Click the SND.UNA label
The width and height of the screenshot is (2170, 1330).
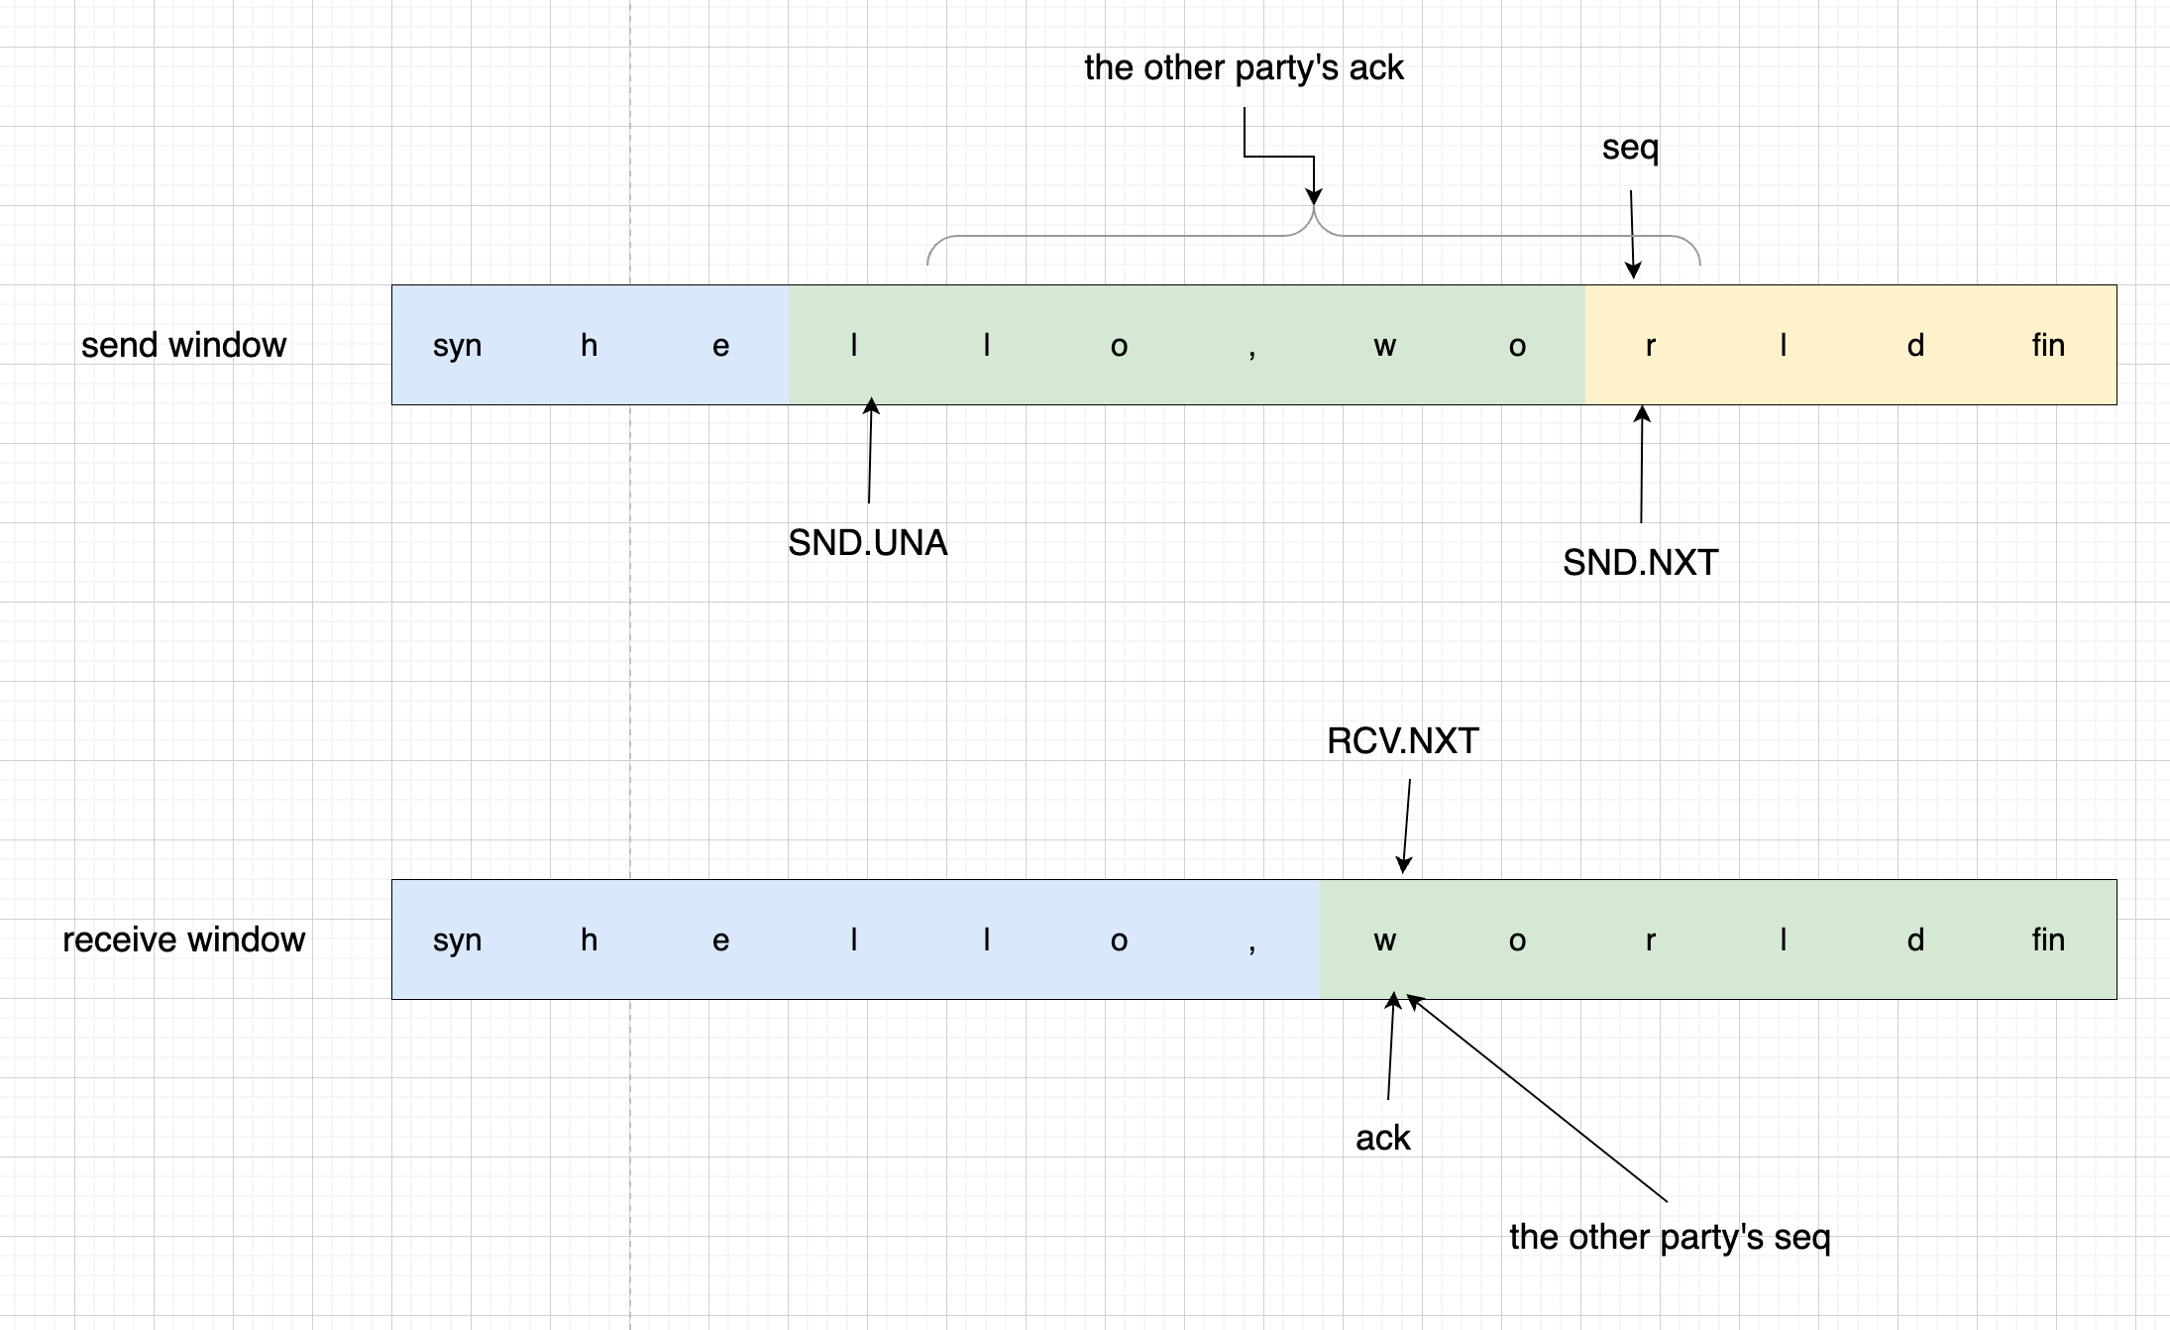pyautogui.click(x=867, y=543)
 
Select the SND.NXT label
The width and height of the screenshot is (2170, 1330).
pyautogui.click(x=1640, y=563)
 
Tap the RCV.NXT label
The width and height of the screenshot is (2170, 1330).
pyautogui.click(x=1402, y=741)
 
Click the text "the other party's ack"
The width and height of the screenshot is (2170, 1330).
pyautogui.click(x=1244, y=67)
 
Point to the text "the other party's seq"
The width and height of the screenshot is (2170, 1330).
pyautogui.click(x=1670, y=1237)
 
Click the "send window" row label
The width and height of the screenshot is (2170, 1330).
pyautogui.click(x=183, y=345)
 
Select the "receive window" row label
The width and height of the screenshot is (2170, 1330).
pyautogui.click(x=183, y=940)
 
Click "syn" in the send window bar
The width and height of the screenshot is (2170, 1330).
pyautogui.click(x=457, y=346)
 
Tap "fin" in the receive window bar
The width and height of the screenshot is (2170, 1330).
pyautogui.click(x=2048, y=940)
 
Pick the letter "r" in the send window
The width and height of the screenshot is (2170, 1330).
pyautogui.click(x=1650, y=346)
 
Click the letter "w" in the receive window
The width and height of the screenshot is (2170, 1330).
pyautogui.click(x=1384, y=941)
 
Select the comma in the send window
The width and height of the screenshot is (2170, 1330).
pyautogui.click(x=1252, y=350)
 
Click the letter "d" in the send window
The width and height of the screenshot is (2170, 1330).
pyautogui.click(x=1915, y=345)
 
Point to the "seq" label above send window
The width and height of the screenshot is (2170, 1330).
pyautogui.click(x=1630, y=148)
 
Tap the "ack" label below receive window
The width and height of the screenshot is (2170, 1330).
pyautogui.click(x=1382, y=1138)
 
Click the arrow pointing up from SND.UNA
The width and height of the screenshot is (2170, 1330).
pyautogui.click(x=870, y=451)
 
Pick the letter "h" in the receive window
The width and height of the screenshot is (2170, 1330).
pyautogui.click(x=589, y=940)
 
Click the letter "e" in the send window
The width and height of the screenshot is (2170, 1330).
pyautogui.click(x=720, y=346)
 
